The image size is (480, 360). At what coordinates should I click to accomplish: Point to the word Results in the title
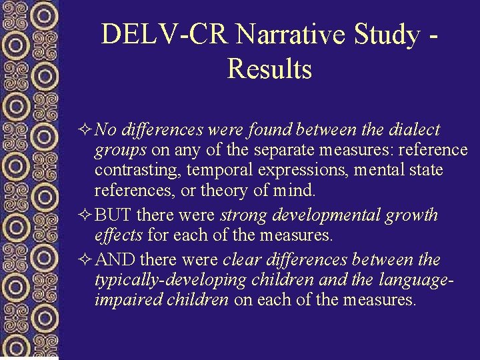point(269,69)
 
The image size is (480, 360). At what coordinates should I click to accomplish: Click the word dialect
point(415,129)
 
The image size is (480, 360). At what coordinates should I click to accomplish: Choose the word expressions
point(303,171)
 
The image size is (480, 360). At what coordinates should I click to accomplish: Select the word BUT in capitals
point(112,215)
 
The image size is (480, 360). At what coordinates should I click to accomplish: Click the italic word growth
point(413,215)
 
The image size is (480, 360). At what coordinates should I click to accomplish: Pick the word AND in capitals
point(115,259)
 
